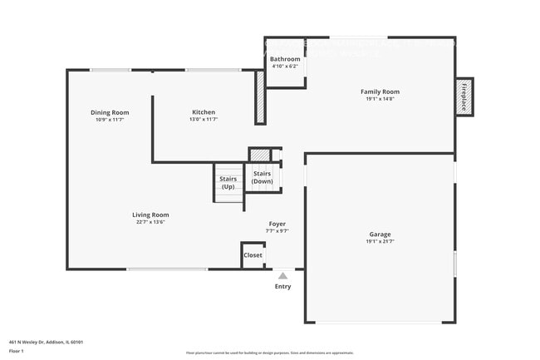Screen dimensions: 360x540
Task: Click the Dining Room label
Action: click(x=110, y=112)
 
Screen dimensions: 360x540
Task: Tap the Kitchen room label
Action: click(x=204, y=112)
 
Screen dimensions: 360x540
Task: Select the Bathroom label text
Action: click(x=285, y=59)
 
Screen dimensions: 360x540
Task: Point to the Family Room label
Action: click(x=380, y=91)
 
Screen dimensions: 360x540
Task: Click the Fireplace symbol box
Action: click(x=464, y=96)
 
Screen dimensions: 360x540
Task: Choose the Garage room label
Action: click(x=380, y=234)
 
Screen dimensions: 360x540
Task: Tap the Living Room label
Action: click(x=153, y=215)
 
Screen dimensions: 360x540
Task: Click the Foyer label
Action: click(x=277, y=224)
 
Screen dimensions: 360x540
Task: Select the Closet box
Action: click(x=253, y=255)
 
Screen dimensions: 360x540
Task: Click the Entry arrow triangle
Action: click(x=283, y=275)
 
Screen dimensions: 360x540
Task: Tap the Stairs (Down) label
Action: click(x=263, y=177)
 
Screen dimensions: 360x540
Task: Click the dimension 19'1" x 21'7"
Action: click(x=380, y=242)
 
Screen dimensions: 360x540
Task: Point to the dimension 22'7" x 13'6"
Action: click(x=153, y=222)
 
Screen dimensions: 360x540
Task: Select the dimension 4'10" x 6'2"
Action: click(x=285, y=67)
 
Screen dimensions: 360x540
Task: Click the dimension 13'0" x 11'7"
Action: click(x=204, y=120)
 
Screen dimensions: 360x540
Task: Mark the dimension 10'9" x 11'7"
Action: click(x=110, y=120)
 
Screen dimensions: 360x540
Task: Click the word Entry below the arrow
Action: click(x=283, y=287)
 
